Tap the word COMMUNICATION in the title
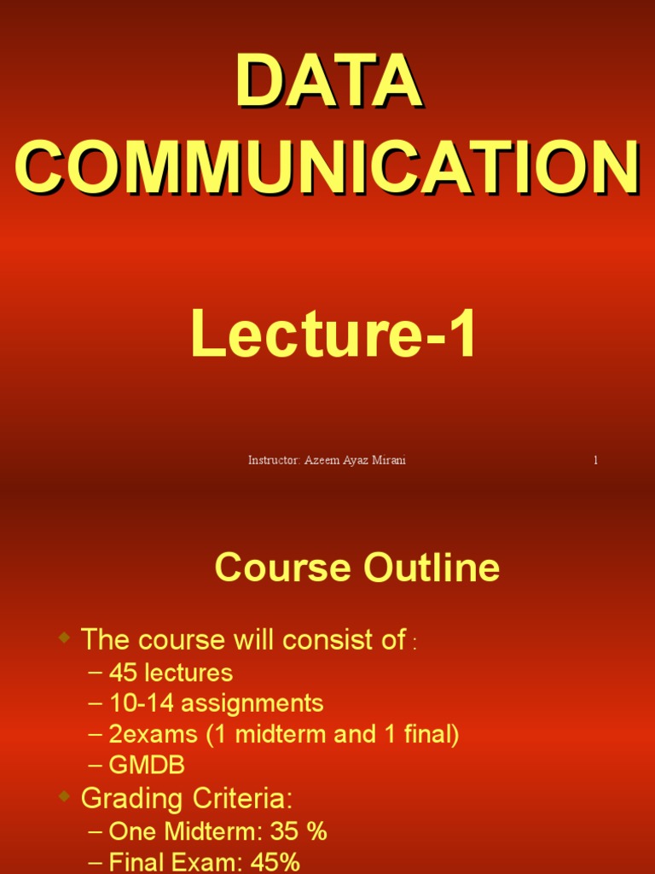(328, 167)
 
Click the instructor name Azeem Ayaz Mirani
(355, 460)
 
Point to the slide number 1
(595, 460)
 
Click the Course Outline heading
(356, 568)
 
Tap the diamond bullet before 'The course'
(65, 638)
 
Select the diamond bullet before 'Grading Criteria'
(65, 797)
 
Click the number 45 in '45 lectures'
(123, 673)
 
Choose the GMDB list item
(147, 766)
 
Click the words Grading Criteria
(186, 799)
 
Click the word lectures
(188, 673)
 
